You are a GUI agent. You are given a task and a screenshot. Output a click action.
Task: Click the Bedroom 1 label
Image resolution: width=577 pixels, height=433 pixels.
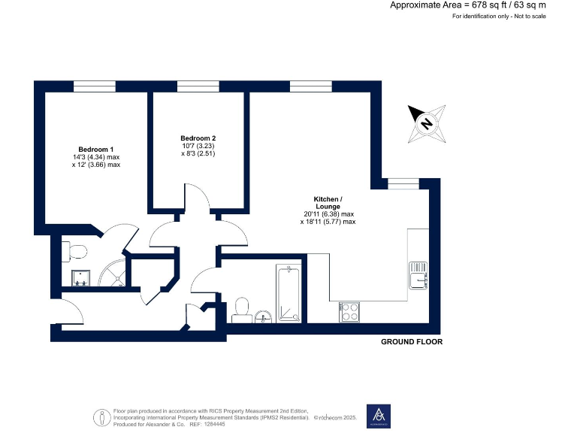click(96, 149)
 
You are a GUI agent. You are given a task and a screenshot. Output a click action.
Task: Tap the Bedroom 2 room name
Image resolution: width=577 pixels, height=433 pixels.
click(198, 138)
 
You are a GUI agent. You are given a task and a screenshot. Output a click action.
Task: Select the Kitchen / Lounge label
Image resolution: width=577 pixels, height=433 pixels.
click(328, 202)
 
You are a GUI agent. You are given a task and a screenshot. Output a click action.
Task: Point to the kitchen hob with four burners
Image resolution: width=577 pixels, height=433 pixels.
click(349, 311)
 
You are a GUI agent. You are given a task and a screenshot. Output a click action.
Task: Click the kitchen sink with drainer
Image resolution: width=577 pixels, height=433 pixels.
click(418, 276)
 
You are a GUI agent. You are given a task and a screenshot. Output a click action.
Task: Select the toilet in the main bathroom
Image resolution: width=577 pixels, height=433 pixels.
click(242, 307)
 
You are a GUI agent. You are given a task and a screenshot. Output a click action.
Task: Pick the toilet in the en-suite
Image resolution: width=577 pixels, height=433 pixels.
click(75, 250)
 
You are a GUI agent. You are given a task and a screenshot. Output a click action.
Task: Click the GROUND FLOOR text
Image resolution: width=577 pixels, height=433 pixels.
click(412, 341)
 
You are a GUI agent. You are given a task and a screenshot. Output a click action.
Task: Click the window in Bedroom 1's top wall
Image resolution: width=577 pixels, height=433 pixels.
click(94, 86)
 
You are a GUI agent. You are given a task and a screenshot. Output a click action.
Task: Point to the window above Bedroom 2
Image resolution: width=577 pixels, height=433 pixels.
click(198, 86)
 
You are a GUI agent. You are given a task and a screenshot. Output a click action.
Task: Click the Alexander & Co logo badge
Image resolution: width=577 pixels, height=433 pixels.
click(379, 416)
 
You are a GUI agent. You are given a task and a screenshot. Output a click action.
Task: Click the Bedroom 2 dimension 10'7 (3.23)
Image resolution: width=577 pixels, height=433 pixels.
click(198, 147)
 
